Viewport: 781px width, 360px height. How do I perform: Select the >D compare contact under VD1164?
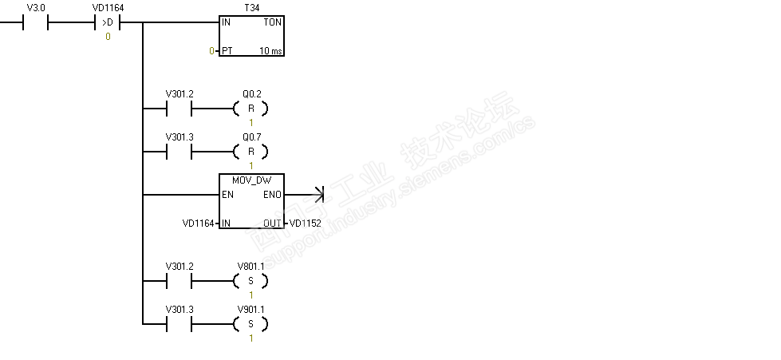[x=108, y=22]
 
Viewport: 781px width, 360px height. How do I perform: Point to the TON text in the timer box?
[x=271, y=22]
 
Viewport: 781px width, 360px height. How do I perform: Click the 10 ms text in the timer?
[x=270, y=51]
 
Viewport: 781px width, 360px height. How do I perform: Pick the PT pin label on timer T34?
[x=227, y=51]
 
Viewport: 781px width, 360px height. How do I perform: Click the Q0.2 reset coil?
[x=250, y=109]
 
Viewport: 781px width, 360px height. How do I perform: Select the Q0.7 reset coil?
[x=250, y=152]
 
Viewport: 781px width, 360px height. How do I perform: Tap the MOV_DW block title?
[x=250, y=180]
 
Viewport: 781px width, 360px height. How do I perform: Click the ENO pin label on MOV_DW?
[x=271, y=194]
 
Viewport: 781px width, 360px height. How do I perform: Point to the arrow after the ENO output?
[x=318, y=194]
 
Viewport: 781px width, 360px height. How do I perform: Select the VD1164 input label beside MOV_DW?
[x=198, y=224]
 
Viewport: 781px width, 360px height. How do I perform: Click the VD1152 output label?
[x=305, y=224]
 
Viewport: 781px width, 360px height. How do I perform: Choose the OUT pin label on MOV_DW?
[x=272, y=224]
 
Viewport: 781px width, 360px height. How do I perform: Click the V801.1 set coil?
[x=250, y=281]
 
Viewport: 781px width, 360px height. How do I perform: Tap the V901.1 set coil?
[x=250, y=324]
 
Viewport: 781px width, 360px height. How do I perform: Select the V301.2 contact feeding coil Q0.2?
[x=179, y=109]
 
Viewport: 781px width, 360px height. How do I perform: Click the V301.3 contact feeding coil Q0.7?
[x=179, y=152]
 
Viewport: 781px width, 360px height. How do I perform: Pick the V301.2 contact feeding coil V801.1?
[x=179, y=281]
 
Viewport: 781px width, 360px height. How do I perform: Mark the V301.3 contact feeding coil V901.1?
[x=179, y=324]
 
